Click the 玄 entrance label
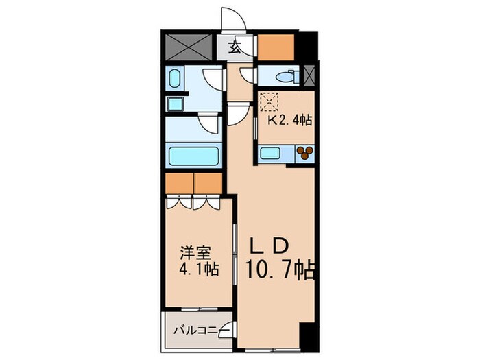pos(235,47)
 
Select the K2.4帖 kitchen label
pos(289,120)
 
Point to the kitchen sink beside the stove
pos(272,154)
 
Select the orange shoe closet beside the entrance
pos(275,47)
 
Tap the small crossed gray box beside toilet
pos(309,75)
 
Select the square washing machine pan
pos(174,104)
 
